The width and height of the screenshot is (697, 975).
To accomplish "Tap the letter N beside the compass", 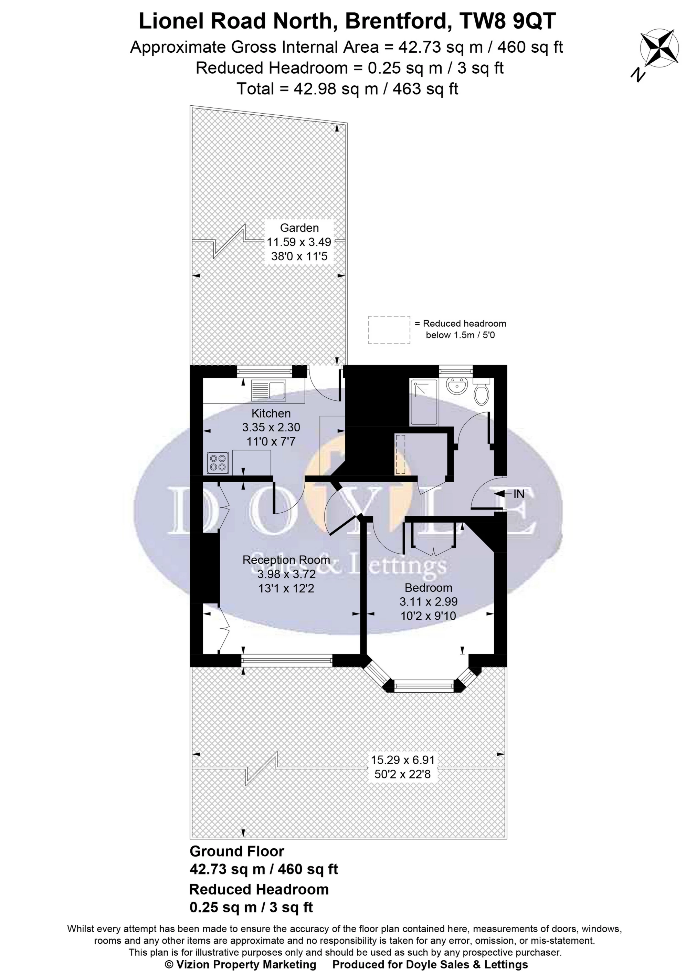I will pos(638,75).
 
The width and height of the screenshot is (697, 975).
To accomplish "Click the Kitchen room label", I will pos(271,413).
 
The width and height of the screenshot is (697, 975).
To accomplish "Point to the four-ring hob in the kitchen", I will pos(218,463).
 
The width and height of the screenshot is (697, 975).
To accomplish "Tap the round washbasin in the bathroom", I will pos(456,386).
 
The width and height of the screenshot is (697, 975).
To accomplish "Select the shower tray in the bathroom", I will pos(424,402).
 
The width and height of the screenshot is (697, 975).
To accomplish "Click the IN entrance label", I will pos(519,494).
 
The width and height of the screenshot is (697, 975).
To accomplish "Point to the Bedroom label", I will pos(428,588).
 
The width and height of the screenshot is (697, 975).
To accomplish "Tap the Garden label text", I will pos(299,228).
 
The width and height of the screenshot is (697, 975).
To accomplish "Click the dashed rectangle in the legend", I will pos(389,330).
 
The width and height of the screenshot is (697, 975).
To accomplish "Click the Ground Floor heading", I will pos(237,851).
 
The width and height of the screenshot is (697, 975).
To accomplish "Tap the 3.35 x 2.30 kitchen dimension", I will pos(271,427).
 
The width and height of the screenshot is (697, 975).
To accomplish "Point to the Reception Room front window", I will pos(287,660).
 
